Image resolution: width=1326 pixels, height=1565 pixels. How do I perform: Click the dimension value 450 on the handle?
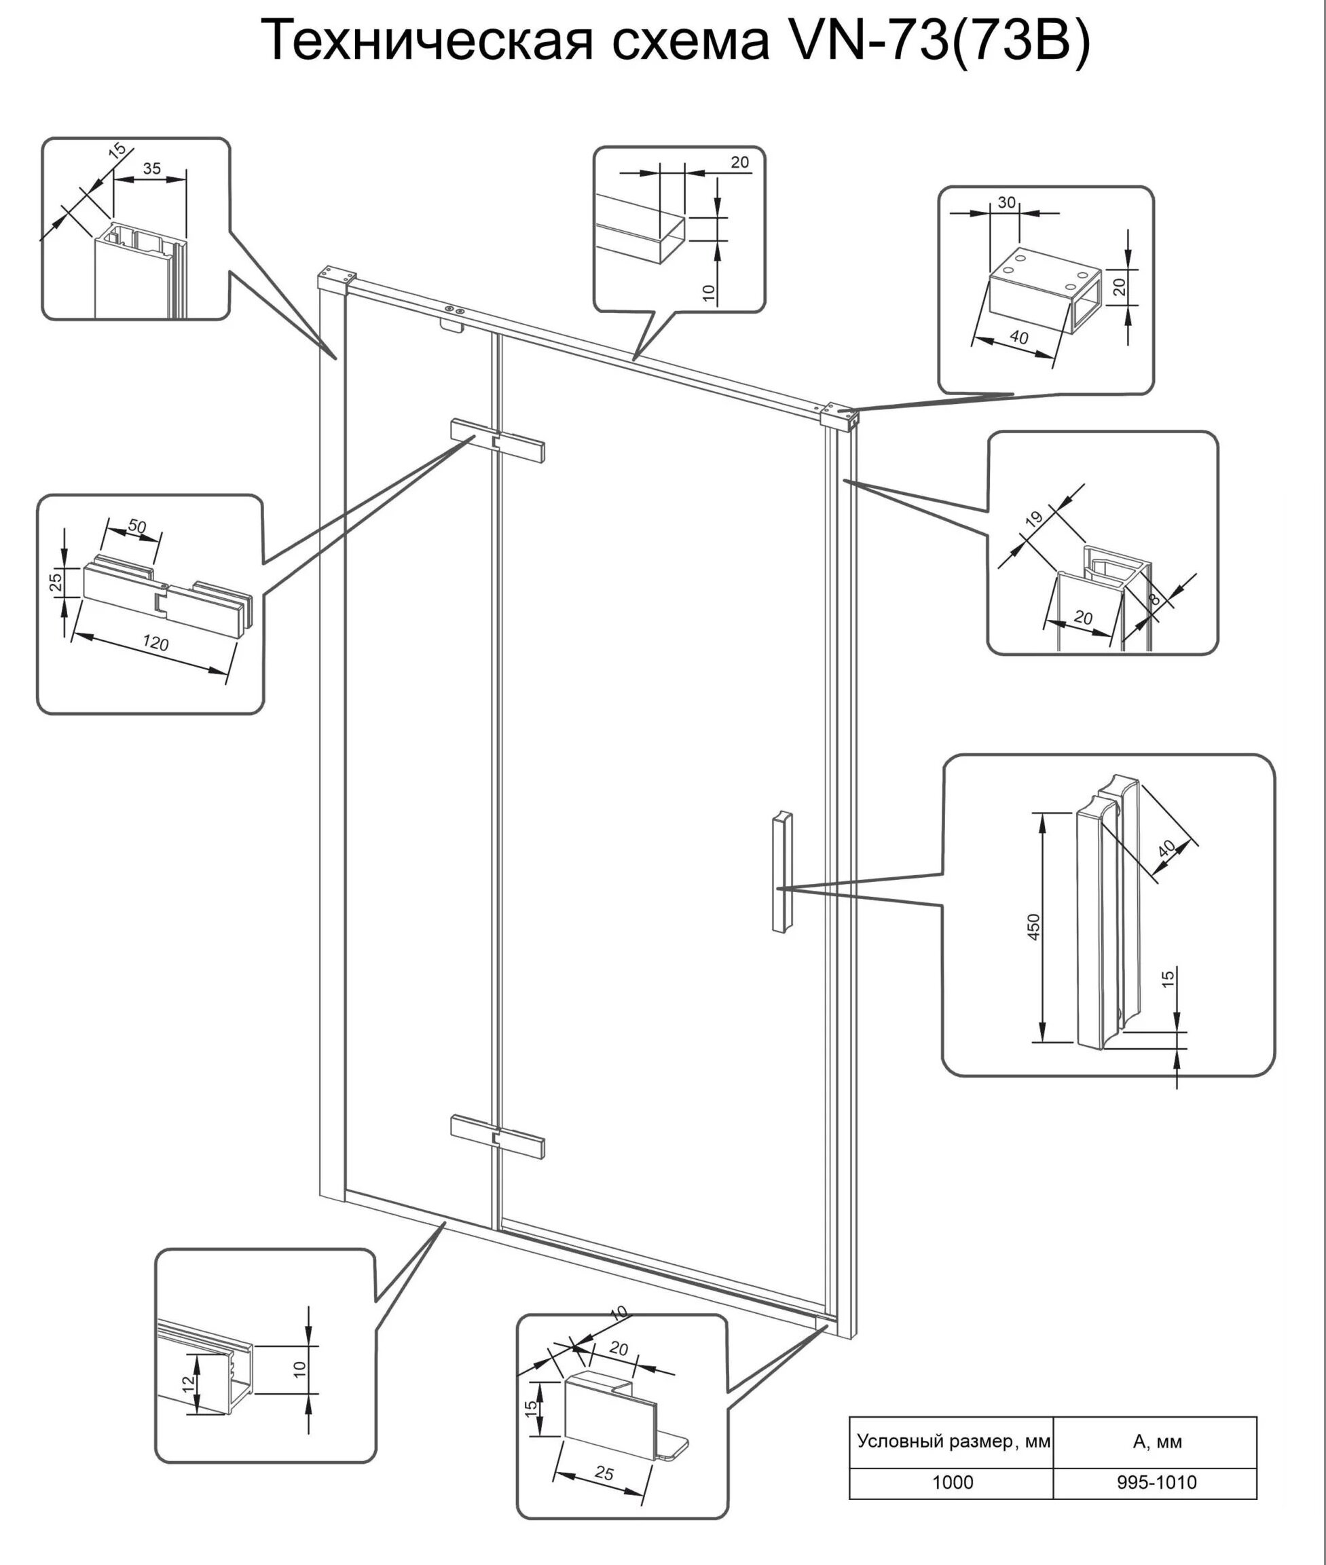click(1033, 927)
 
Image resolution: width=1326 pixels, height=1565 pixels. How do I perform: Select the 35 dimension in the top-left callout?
click(152, 168)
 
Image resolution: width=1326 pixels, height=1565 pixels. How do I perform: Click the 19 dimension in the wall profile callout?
click(1035, 518)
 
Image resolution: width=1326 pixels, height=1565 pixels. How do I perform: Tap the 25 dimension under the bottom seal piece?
click(604, 1474)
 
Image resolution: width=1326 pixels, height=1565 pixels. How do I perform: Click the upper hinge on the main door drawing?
click(497, 441)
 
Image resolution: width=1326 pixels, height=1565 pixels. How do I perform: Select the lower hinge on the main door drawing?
click(497, 1136)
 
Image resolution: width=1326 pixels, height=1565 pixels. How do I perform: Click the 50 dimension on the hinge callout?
click(137, 526)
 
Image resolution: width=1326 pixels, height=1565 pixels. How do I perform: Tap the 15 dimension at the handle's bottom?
click(1168, 978)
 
